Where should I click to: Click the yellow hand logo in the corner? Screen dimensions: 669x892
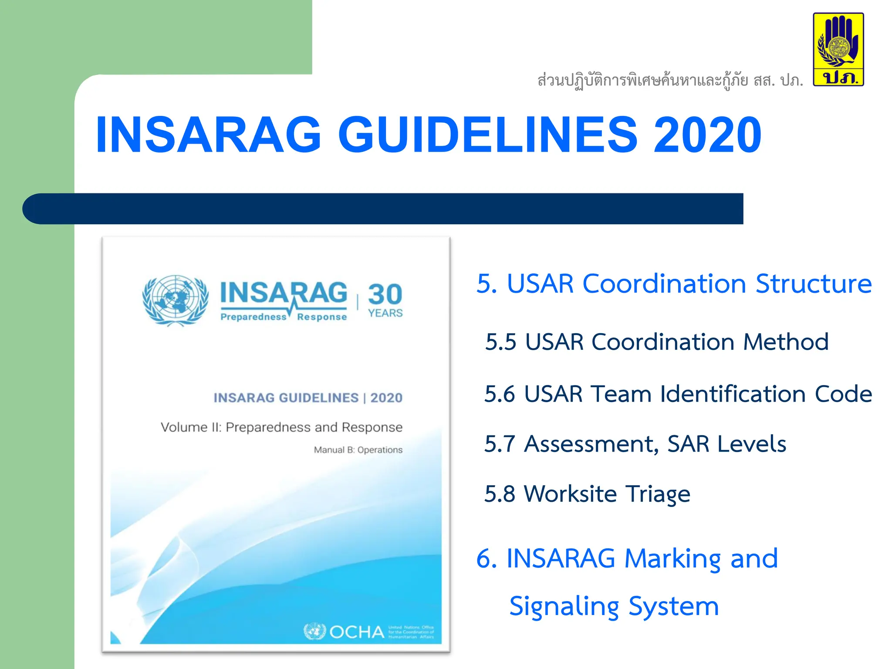tap(838, 49)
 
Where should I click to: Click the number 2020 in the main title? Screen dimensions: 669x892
tap(707, 135)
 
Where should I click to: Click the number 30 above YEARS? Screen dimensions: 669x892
tap(385, 294)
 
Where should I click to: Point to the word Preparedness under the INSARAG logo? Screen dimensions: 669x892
tap(253, 317)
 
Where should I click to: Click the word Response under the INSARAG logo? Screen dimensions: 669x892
tap(322, 317)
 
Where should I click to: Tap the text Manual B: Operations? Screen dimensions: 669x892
tap(358, 450)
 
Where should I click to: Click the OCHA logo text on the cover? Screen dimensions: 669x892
tap(356, 632)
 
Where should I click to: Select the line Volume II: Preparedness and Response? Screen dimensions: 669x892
tap(281, 427)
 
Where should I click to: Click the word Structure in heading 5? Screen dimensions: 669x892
tap(814, 284)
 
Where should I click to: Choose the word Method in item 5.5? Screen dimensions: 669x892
tap(785, 342)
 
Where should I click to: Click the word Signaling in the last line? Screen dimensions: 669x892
tap(564, 607)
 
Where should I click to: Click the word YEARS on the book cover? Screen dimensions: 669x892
tap(385, 313)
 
